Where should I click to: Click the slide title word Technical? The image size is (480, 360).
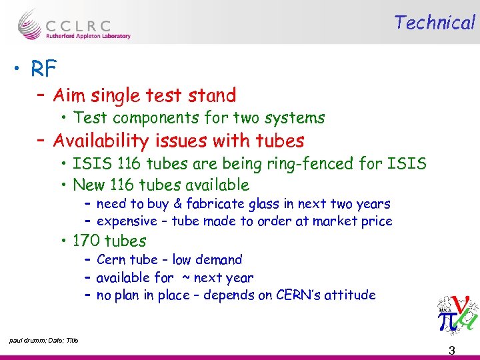[x=434, y=23]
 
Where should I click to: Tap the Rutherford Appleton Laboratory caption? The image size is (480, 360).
[x=88, y=36]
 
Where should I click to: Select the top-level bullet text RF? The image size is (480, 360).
[x=42, y=68]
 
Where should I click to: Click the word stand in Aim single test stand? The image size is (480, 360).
[x=212, y=96]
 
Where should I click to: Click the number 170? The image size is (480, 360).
[x=86, y=241]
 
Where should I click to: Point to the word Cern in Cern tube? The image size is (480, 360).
[x=111, y=260]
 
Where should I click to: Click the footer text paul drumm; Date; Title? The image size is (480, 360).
[x=44, y=341]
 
